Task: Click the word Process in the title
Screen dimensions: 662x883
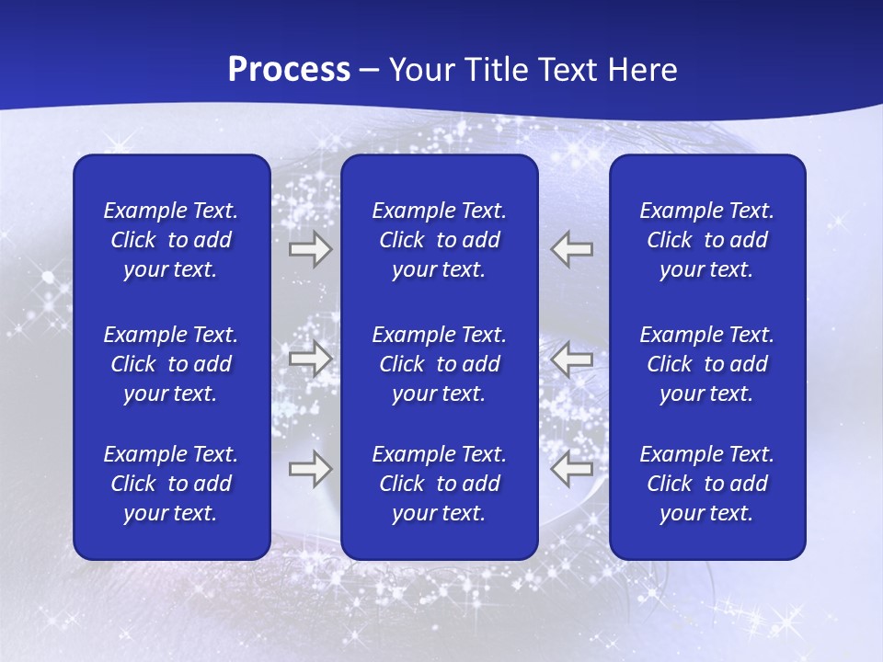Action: [289, 70]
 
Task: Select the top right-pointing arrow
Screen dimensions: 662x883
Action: [310, 249]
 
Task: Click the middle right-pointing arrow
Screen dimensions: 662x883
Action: [310, 360]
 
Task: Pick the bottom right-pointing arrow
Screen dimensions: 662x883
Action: [310, 470]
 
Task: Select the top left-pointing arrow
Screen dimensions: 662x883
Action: [572, 249]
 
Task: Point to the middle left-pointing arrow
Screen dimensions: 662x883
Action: [572, 360]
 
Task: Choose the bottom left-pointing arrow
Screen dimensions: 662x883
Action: [572, 470]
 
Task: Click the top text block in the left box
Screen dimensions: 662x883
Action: [171, 240]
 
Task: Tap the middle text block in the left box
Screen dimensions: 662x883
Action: [171, 364]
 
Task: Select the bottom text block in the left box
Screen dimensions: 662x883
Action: [171, 484]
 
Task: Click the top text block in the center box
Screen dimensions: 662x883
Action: [440, 240]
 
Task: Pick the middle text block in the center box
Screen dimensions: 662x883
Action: [440, 364]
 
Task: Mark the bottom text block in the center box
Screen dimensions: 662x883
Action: [440, 484]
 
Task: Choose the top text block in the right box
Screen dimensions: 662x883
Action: [707, 240]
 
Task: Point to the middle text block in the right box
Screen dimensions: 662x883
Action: [707, 364]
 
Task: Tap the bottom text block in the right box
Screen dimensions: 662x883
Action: [707, 484]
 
